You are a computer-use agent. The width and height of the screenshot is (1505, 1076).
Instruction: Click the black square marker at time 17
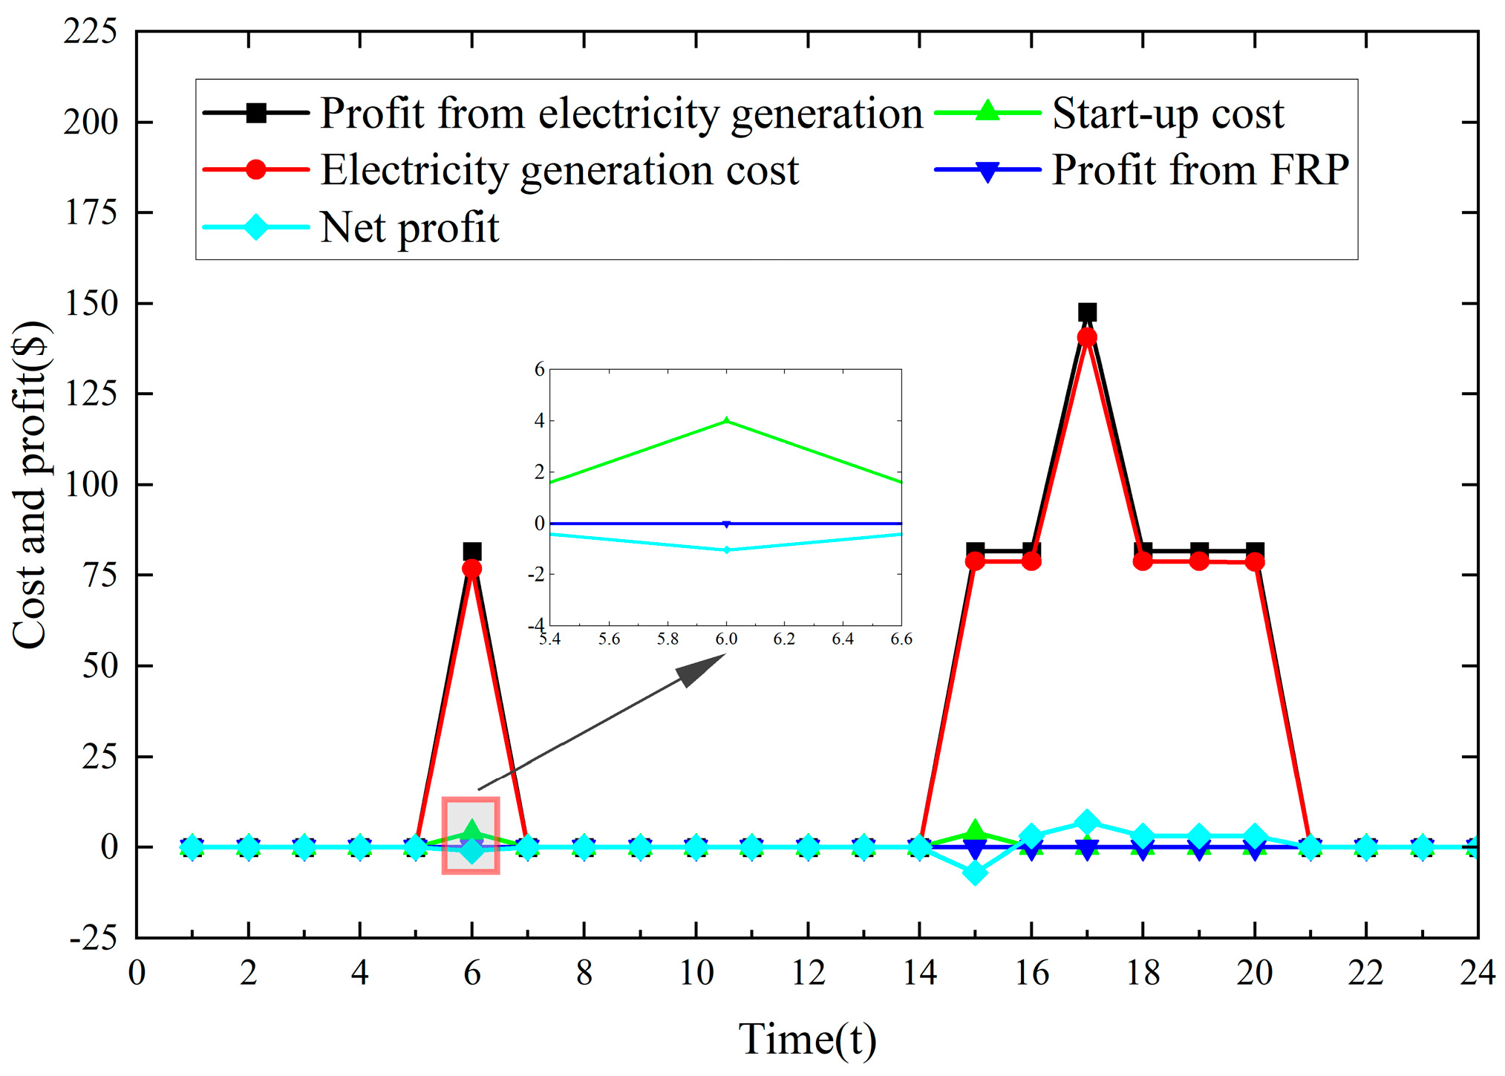click(x=1087, y=312)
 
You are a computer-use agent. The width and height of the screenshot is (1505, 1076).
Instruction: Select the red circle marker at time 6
click(x=471, y=569)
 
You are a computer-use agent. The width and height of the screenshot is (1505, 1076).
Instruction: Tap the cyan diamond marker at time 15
click(x=975, y=873)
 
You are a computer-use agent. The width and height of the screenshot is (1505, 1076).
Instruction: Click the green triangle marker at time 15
click(x=975, y=832)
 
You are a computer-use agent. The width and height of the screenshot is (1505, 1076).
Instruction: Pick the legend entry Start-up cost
click(x=1167, y=114)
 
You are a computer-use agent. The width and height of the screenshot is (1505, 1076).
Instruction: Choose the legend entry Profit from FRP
click(x=1200, y=170)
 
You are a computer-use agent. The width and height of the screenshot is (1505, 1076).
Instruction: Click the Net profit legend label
click(x=409, y=227)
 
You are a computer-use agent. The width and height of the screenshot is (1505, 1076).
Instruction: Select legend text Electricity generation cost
click(x=559, y=170)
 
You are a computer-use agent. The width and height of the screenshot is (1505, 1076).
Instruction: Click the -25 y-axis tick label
click(x=93, y=939)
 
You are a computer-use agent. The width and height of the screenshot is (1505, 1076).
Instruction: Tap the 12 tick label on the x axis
click(x=808, y=973)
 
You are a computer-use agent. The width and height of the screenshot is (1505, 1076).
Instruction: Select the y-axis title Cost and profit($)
click(x=31, y=484)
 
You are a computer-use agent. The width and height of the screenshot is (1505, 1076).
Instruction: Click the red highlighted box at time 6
click(x=471, y=835)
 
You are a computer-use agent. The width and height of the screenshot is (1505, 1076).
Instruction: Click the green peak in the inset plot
click(x=726, y=421)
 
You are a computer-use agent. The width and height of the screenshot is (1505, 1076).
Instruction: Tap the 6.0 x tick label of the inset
click(x=726, y=639)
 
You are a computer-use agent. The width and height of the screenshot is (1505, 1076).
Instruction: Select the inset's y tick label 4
click(x=540, y=421)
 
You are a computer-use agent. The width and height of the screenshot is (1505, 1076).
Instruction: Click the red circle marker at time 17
click(x=1087, y=337)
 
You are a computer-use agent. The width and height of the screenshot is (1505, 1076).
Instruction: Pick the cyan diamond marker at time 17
click(x=1087, y=822)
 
